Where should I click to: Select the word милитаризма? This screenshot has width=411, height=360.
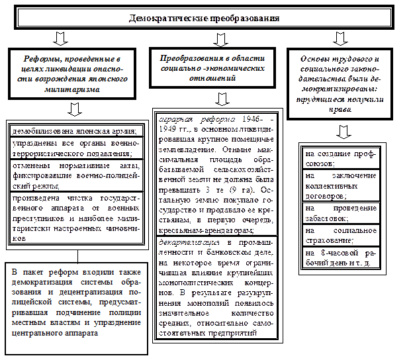pos(72,89)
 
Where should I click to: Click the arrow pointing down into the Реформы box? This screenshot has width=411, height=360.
pos(60,38)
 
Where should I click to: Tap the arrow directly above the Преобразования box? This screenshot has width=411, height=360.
pos(216,38)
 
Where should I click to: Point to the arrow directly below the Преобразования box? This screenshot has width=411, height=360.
pos(222,98)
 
